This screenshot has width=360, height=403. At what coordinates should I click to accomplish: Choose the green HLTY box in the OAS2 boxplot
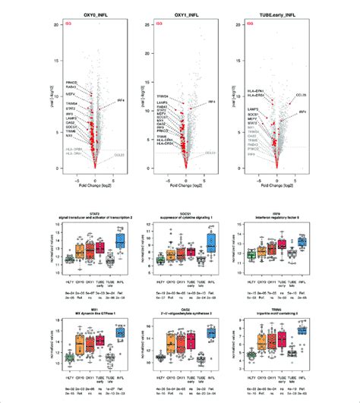click(161, 357)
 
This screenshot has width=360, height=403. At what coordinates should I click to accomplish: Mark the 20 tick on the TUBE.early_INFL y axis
click(237, 24)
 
